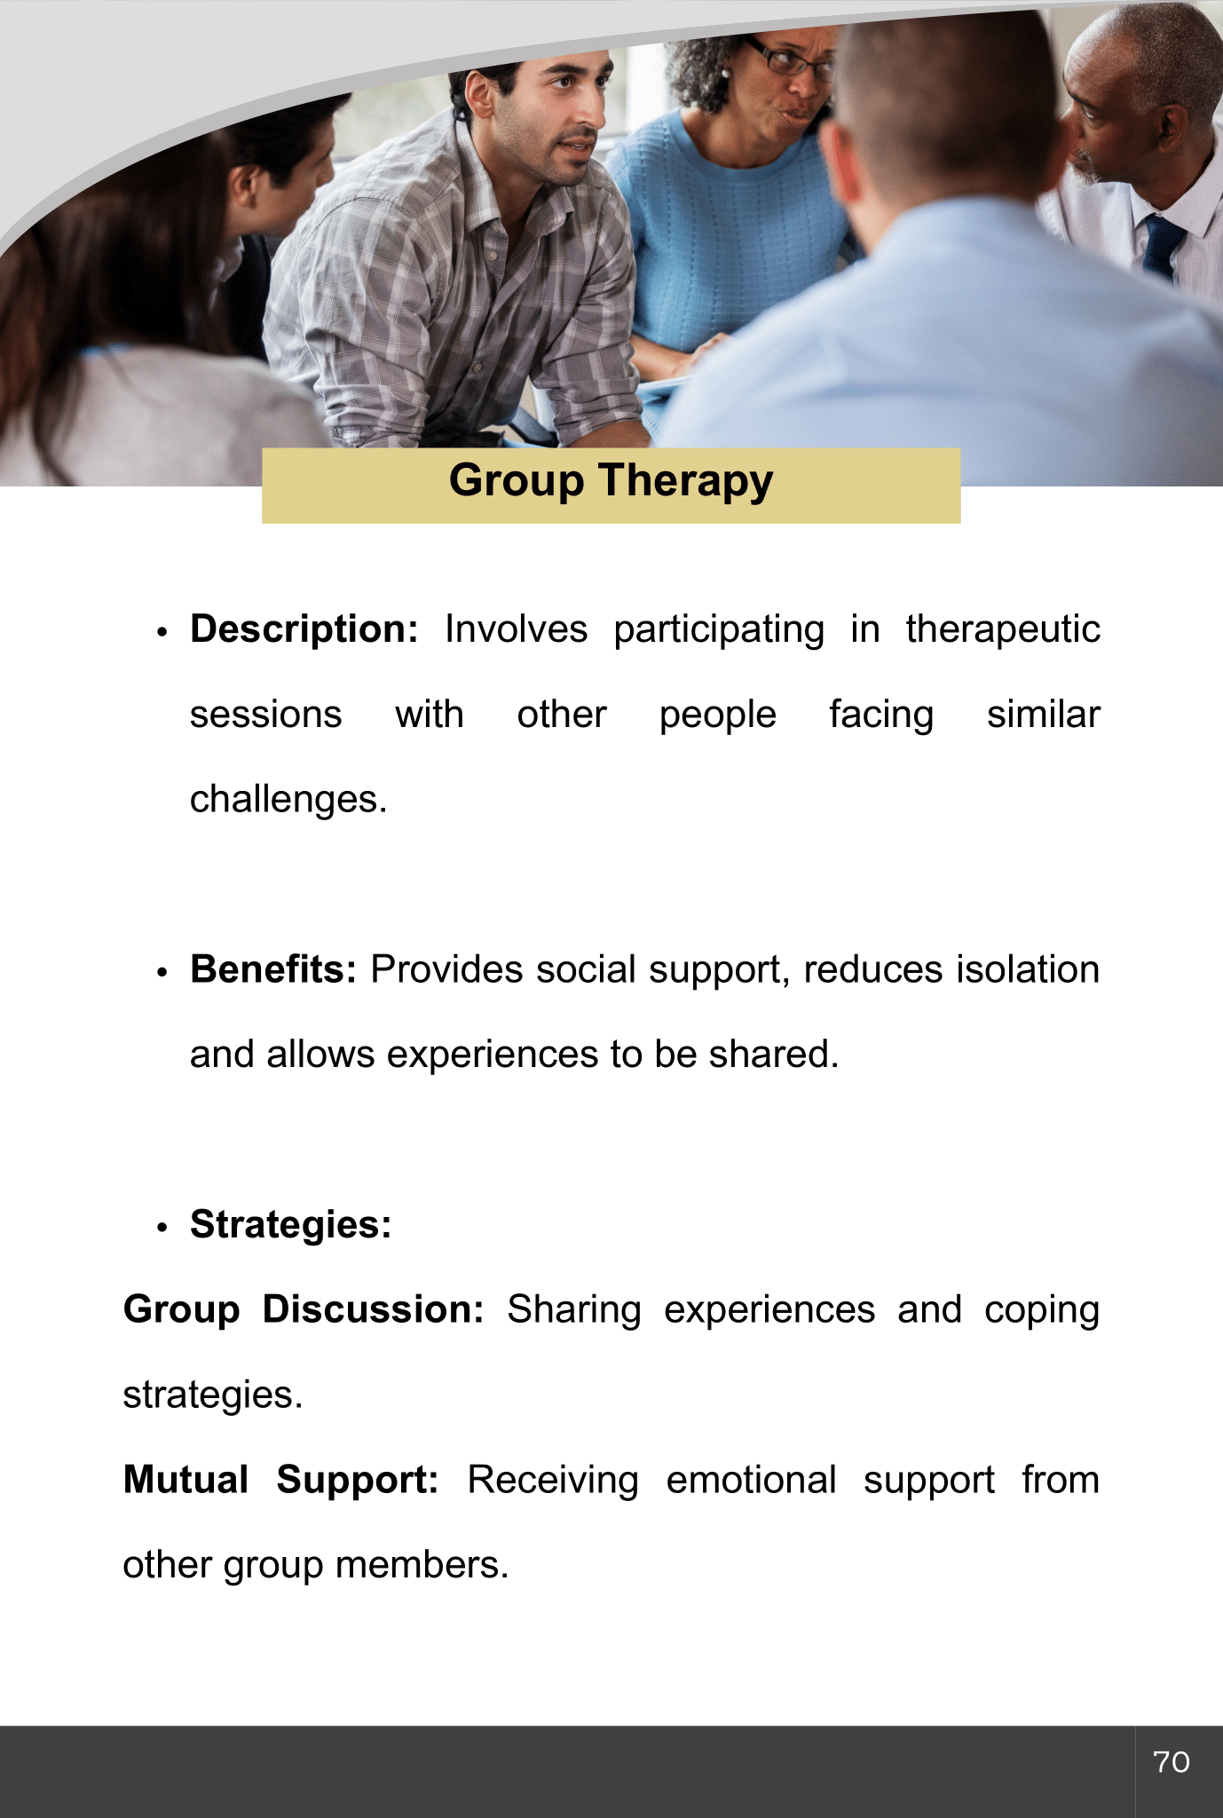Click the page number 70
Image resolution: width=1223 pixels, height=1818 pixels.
point(1172,1762)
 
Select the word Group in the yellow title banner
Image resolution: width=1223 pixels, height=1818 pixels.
point(517,482)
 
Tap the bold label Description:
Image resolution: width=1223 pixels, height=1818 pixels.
point(304,629)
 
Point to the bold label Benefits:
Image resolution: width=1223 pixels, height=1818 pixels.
point(273,969)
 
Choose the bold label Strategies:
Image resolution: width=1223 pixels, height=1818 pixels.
point(291,1225)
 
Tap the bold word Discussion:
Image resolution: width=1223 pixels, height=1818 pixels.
point(373,1309)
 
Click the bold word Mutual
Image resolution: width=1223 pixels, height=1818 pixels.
point(185,1480)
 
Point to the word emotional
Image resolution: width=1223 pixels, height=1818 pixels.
point(751,1480)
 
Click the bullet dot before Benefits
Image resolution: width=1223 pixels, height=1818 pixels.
point(162,973)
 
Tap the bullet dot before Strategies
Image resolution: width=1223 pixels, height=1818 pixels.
point(162,1229)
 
